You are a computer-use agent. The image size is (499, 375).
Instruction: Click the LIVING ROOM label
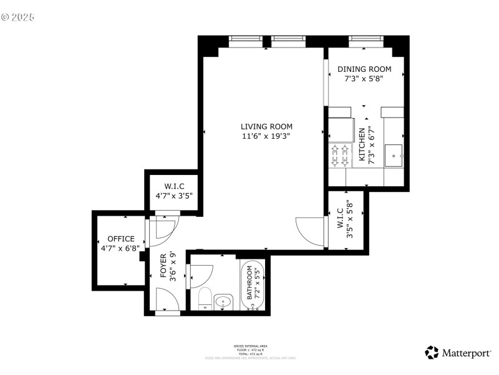tap(266, 127)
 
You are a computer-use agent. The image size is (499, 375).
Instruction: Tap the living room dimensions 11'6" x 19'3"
tap(266, 136)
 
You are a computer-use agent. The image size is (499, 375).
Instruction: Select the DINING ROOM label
tap(364, 69)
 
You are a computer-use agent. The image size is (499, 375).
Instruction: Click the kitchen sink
tap(394, 155)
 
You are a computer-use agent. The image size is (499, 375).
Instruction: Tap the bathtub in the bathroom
tap(253, 284)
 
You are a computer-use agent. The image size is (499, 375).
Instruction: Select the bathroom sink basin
tap(223, 303)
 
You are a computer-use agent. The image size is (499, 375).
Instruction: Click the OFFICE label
tap(121, 239)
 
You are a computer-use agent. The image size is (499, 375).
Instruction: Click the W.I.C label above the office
tap(173, 186)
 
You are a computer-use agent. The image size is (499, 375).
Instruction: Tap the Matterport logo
tap(458, 353)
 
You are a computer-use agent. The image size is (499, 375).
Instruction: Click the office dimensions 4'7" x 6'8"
tap(121, 248)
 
